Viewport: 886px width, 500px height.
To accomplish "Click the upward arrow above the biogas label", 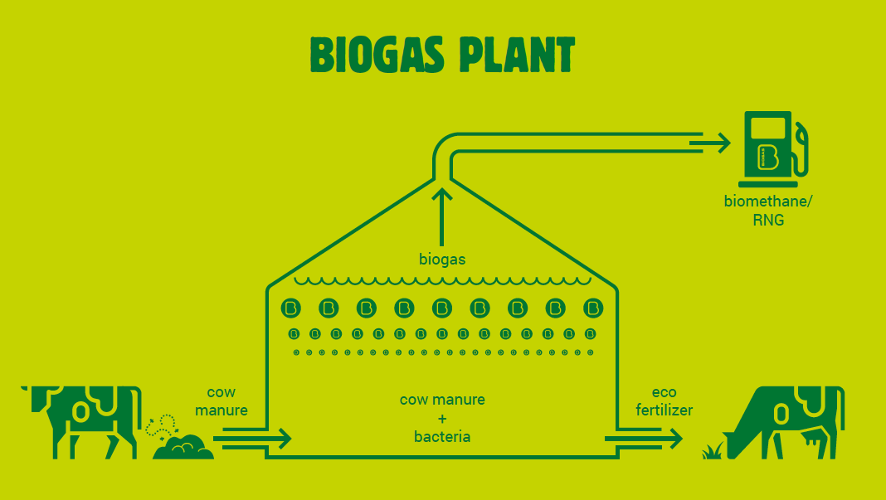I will (443, 216).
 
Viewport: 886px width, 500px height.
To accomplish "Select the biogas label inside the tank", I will (442, 260).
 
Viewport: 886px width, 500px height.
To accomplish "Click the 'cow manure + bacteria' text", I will (442, 418).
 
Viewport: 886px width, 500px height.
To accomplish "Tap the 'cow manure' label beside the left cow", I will (226, 401).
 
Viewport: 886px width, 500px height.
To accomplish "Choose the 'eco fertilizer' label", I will (664, 401).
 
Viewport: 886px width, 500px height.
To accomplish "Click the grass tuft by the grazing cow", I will (712, 452).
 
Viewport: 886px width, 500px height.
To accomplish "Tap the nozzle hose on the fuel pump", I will (802, 149).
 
